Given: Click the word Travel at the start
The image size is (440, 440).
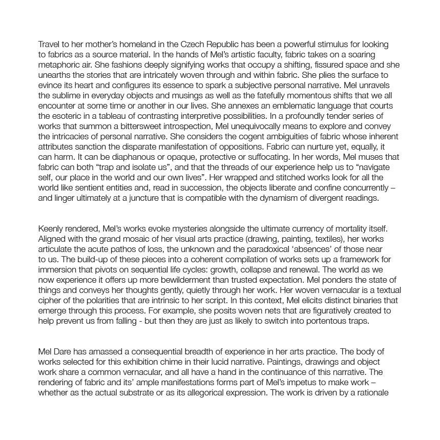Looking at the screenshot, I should click(x=50, y=45).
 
